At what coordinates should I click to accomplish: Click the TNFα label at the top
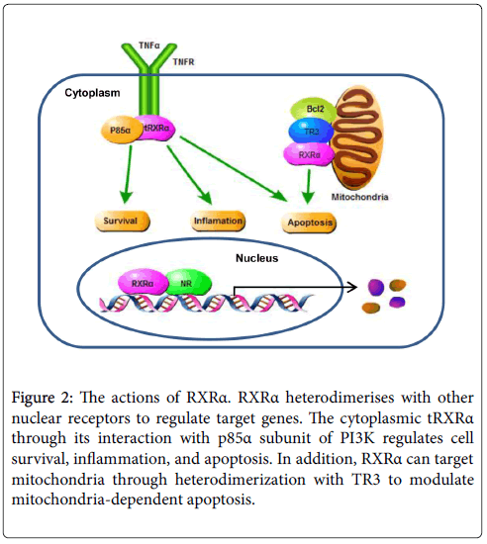coord(149,45)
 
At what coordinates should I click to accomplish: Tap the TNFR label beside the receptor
coord(184,62)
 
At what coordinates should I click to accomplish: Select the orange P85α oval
coord(121,131)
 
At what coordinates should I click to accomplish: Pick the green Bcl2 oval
coord(314,110)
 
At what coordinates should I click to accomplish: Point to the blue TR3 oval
coord(311,132)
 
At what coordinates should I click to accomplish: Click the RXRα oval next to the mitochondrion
coord(309,154)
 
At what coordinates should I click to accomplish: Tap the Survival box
coord(122,221)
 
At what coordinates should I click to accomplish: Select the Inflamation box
coord(218,221)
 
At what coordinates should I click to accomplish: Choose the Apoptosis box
coord(309,223)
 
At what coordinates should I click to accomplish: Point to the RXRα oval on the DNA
coord(143,283)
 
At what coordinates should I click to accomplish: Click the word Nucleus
coord(257,258)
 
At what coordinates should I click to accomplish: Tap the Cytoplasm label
coord(92,93)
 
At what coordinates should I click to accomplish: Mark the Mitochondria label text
coord(359,197)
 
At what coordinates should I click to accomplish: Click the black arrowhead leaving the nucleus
coord(352,287)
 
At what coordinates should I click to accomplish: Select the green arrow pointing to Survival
coord(127,174)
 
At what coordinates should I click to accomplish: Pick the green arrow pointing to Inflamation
coord(189,175)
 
